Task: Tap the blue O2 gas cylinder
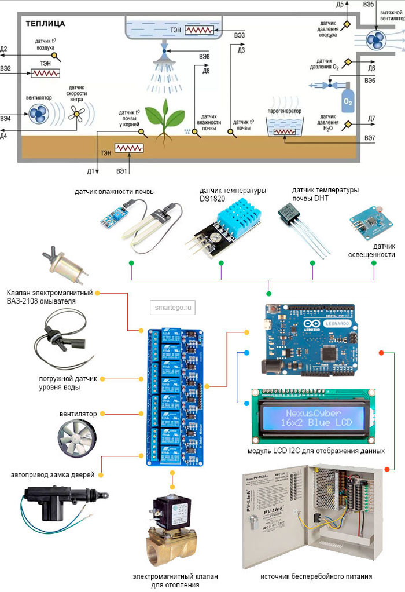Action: tap(348, 99)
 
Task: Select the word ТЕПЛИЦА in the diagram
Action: tap(45, 24)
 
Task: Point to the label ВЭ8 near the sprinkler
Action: tap(203, 57)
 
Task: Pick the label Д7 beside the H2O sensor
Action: tap(371, 119)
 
